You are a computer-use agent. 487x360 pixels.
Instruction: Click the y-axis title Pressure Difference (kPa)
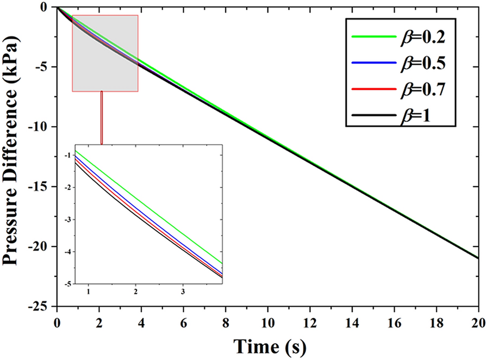(15, 158)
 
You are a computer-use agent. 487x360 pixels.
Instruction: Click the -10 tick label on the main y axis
(41, 126)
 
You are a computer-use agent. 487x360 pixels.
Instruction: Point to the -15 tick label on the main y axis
(41, 187)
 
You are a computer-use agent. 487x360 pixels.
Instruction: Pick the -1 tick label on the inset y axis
(67, 156)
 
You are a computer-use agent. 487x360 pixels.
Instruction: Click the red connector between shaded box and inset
(102, 117)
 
